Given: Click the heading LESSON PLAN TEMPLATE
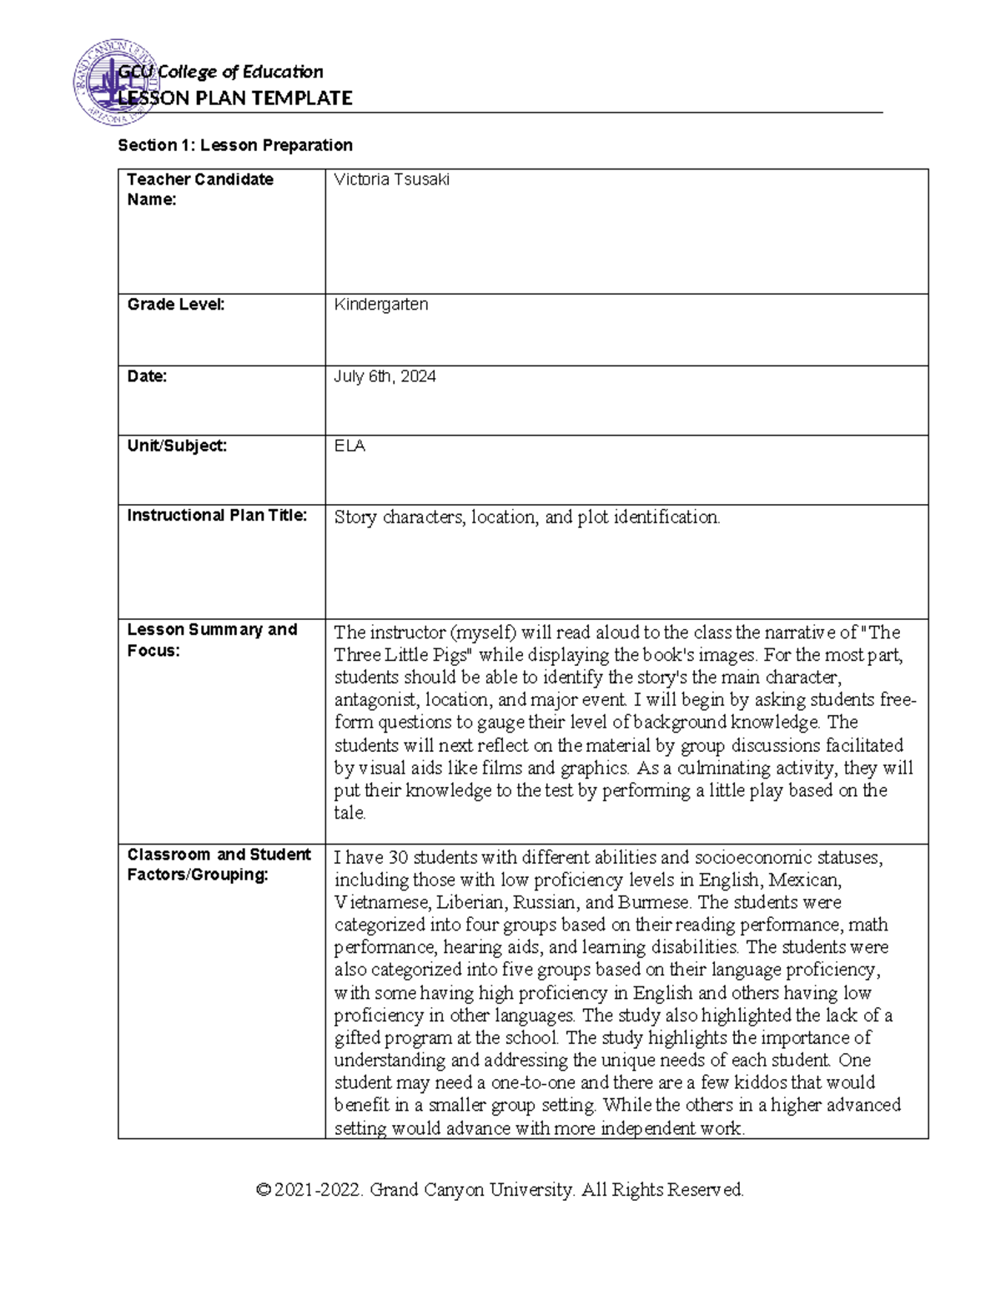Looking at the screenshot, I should (x=235, y=98).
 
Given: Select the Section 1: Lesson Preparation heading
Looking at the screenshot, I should (x=235, y=145).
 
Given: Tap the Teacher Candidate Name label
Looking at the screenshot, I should (x=200, y=189).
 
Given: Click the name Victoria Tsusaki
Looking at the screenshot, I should (x=391, y=179).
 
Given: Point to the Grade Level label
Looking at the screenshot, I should (x=176, y=305).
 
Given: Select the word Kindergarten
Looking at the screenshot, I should (x=381, y=305).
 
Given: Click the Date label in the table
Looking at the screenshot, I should (x=147, y=376).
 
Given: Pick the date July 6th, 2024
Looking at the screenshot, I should (x=385, y=376).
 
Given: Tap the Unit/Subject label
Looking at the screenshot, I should (x=177, y=446).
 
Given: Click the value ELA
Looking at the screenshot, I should (x=350, y=446).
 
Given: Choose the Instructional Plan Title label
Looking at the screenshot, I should (x=217, y=516).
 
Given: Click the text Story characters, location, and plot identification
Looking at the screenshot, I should (x=526, y=517).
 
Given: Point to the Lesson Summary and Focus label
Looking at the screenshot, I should (x=212, y=640).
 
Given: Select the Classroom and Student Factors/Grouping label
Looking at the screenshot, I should (x=219, y=865).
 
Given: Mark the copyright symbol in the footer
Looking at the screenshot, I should (x=264, y=1190).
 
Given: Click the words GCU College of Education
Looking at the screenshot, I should (x=221, y=73).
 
